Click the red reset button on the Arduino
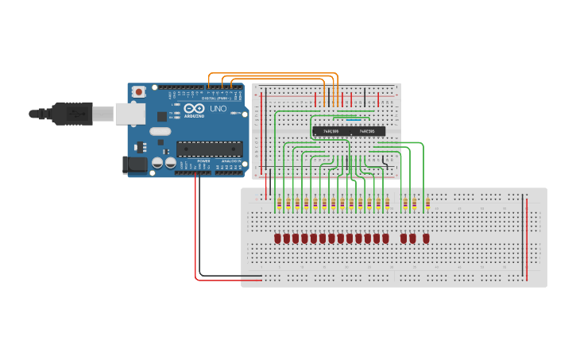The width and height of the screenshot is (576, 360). [139, 92]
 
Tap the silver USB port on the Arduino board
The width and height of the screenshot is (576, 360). [130, 114]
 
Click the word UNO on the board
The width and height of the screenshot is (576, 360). [218, 108]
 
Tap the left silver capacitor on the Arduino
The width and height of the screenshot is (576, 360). [158, 162]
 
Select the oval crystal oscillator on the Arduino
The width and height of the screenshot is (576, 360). [160, 132]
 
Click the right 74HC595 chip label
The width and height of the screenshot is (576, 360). [367, 131]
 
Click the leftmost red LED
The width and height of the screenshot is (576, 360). [278, 238]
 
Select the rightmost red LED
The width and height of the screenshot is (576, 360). [426, 238]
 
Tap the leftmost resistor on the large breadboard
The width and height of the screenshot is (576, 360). [278, 203]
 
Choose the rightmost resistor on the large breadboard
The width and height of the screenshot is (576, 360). [427, 203]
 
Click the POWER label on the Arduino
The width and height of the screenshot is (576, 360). [203, 161]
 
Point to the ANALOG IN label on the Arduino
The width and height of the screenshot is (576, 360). [232, 161]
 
